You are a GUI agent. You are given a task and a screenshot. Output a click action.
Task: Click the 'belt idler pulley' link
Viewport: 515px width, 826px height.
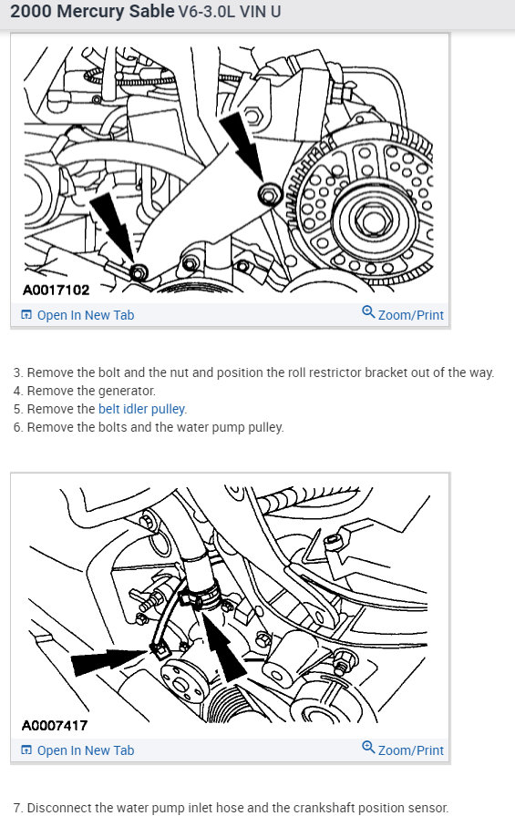pyautogui.click(x=142, y=409)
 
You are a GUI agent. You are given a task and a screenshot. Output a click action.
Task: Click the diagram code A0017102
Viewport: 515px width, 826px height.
pyautogui.click(x=56, y=290)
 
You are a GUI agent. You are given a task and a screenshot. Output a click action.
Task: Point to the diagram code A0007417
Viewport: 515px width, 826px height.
pyautogui.click(x=55, y=726)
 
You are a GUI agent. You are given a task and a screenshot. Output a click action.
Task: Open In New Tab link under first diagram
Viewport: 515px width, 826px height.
pyautogui.click(x=77, y=315)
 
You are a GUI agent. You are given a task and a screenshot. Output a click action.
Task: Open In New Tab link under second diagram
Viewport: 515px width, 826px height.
pyautogui.click(x=77, y=750)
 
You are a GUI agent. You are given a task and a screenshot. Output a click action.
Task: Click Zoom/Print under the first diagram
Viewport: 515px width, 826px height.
pyautogui.click(x=403, y=314)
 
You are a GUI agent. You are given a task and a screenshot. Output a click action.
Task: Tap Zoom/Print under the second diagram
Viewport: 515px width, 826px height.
pyautogui.click(x=403, y=750)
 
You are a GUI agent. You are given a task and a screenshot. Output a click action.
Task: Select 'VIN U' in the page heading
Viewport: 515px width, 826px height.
pyautogui.click(x=260, y=12)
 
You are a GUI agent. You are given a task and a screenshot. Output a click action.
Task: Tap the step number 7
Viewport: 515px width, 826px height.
pyautogui.click(x=17, y=808)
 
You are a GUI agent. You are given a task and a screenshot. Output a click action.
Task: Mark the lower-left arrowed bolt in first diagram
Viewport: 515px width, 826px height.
pyautogui.click(x=139, y=273)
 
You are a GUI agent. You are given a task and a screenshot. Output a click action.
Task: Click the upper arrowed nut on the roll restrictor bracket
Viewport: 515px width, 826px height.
pyautogui.click(x=270, y=194)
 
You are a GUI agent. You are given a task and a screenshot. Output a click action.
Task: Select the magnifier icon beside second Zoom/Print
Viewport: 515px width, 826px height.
pyautogui.click(x=368, y=747)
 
